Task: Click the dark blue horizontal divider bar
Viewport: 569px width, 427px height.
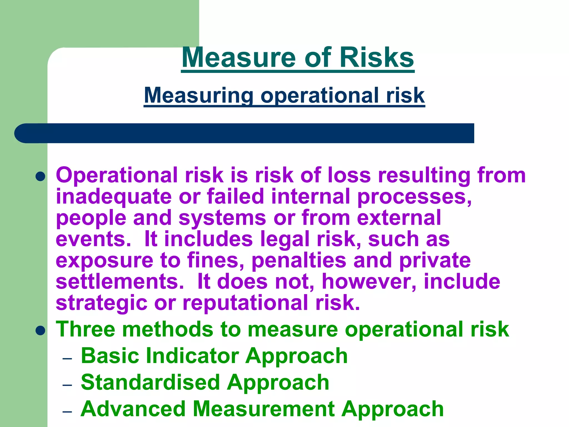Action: (x=244, y=133)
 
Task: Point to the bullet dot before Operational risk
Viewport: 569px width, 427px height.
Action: (x=41, y=176)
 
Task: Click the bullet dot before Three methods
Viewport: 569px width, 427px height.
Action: (x=41, y=331)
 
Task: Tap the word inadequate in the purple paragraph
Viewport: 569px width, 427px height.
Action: (x=114, y=197)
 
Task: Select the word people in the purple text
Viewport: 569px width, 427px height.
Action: (x=91, y=218)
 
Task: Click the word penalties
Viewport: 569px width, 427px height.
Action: (x=299, y=260)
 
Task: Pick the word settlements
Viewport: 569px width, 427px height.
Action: (x=120, y=281)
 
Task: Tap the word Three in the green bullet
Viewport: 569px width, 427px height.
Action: (x=86, y=329)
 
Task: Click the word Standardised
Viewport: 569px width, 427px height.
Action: (x=150, y=382)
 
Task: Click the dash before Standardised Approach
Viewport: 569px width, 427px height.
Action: (x=68, y=385)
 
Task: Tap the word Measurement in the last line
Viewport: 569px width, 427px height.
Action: (x=264, y=409)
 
